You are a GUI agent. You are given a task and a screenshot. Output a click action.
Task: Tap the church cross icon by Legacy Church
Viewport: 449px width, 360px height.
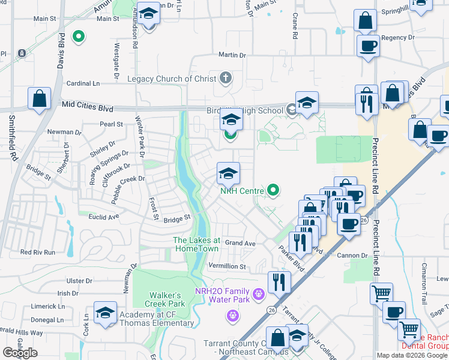coord(226,77)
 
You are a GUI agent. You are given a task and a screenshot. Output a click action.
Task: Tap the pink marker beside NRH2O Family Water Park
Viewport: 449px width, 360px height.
coord(259,294)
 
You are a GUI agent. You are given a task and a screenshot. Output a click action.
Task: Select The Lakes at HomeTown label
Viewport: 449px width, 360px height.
coord(197,244)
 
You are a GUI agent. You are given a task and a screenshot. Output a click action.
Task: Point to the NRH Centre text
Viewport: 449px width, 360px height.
coord(243,191)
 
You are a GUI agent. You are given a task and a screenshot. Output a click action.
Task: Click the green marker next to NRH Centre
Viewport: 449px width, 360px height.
coord(274,191)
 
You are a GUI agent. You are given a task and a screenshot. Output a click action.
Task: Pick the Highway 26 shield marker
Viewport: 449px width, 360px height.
coord(271,310)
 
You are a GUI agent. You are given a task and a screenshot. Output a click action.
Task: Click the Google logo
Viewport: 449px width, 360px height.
coord(20,353)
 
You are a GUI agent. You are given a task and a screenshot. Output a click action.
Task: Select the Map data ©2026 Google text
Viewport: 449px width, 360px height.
coord(412,355)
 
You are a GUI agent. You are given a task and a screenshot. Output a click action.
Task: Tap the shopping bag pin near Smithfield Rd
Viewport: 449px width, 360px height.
coord(39,98)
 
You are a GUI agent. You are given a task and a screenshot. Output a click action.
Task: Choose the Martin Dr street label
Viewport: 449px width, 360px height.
coord(232,55)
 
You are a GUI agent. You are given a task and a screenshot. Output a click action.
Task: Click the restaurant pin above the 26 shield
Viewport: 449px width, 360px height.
coord(279,281)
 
